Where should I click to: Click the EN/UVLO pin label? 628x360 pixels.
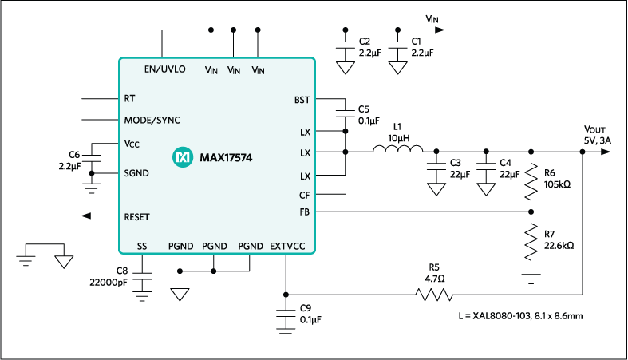[x=164, y=69]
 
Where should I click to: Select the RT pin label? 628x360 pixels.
[x=129, y=99]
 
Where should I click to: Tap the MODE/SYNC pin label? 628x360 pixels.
[x=152, y=121]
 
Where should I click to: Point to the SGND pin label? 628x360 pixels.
[x=136, y=172]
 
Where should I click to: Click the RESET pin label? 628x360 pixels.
[x=136, y=217]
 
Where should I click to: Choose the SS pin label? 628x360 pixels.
[x=142, y=246]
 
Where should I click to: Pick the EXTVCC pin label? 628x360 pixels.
[x=287, y=246]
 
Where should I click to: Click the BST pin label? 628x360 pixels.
[x=302, y=101]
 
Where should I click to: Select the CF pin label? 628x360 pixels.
[x=304, y=195]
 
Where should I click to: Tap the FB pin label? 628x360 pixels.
[x=304, y=212]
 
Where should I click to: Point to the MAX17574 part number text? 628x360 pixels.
[x=226, y=158]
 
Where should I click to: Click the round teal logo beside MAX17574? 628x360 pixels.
[x=183, y=158]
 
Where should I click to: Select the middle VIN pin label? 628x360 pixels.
[x=234, y=71]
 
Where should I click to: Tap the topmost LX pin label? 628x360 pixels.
[x=305, y=132]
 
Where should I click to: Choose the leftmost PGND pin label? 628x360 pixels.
[x=180, y=246]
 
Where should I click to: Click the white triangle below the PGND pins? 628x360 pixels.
[x=180, y=295]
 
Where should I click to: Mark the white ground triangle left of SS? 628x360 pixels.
[x=64, y=262]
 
